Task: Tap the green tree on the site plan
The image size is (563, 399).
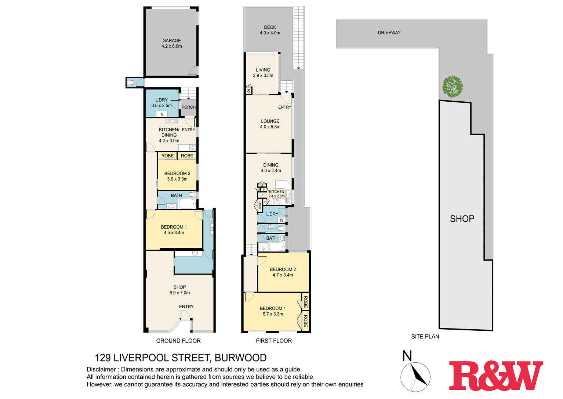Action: coord(452,86)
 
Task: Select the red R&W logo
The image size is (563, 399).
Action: coord(496,376)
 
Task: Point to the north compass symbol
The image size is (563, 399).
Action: coord(415,376)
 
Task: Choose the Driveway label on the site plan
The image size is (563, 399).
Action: coord(389,33)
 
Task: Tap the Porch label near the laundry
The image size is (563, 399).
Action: coord(189,107)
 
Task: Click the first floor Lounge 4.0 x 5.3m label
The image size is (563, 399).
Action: coord(270,124)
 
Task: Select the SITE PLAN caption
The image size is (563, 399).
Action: coord(425,337)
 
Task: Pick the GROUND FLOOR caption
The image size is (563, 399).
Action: coord(178,341)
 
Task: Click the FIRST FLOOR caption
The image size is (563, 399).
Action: coord(274,341)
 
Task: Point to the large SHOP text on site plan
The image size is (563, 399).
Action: coord(462,219)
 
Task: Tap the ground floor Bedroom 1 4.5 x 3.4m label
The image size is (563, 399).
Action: coord(174,230)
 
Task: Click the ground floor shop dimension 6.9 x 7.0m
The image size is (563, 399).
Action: coord(179,293)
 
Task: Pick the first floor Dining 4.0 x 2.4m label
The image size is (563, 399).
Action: coord(270,168)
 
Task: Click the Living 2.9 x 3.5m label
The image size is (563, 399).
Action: coord(263,73)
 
